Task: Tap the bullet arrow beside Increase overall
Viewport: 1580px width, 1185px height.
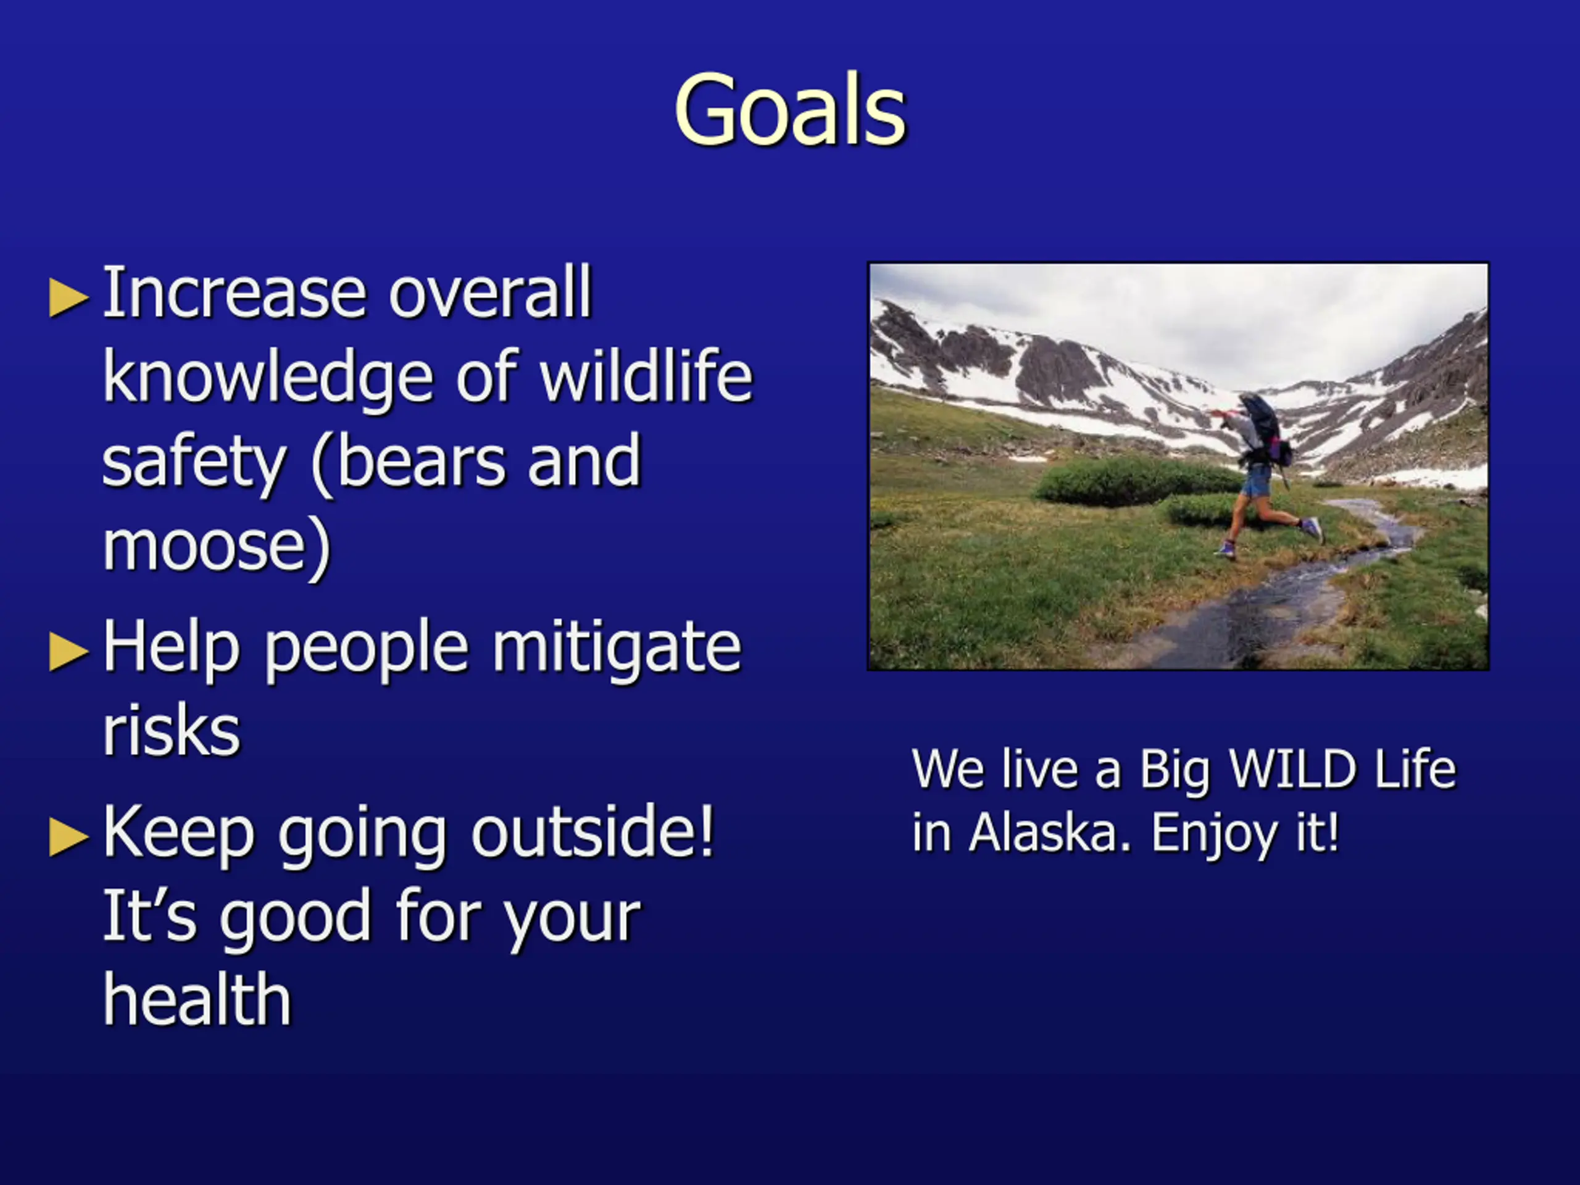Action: point(69,297)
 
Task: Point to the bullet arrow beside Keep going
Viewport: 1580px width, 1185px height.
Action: point(69,836)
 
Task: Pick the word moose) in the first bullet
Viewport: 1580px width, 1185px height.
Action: point(217,547)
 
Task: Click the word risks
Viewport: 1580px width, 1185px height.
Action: point(172,731)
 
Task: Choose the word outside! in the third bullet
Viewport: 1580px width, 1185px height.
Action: point(593,831)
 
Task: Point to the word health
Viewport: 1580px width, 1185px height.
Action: point(197,999)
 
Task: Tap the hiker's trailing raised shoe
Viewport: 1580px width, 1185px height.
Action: point(1312,528)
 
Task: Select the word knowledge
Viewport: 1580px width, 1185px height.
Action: point(268,380)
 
